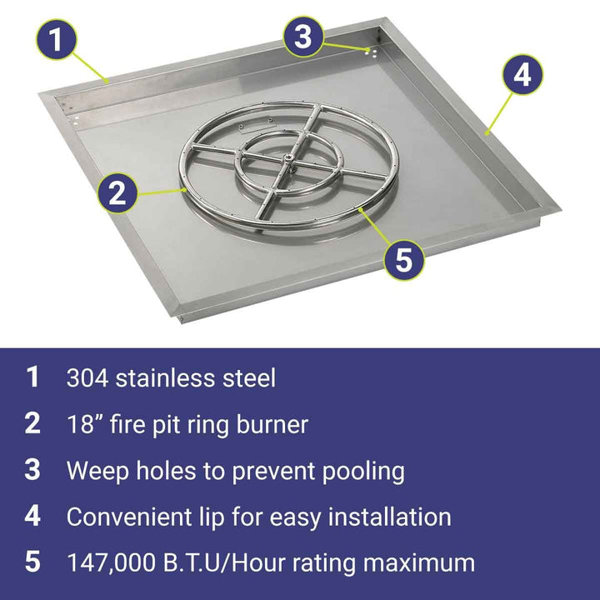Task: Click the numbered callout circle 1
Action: [x=57, y=39]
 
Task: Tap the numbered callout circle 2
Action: [x=117, y=193]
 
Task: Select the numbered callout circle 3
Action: [x=303, y=37]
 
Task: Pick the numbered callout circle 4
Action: [x=522, y=74]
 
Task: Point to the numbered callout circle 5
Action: [x=404, y=259]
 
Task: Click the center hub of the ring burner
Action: [x=289, y=157]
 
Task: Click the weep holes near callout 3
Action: [x=371, y=52]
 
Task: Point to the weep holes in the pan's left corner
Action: [x=76, y=121]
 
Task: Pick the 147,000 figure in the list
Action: [x=112, y=562]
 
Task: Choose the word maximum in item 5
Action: [x=419, y=563]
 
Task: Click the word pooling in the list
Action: [x=363, y=472]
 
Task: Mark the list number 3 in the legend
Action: [x=32, y=470]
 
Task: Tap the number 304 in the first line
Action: [x=87, y=378]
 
